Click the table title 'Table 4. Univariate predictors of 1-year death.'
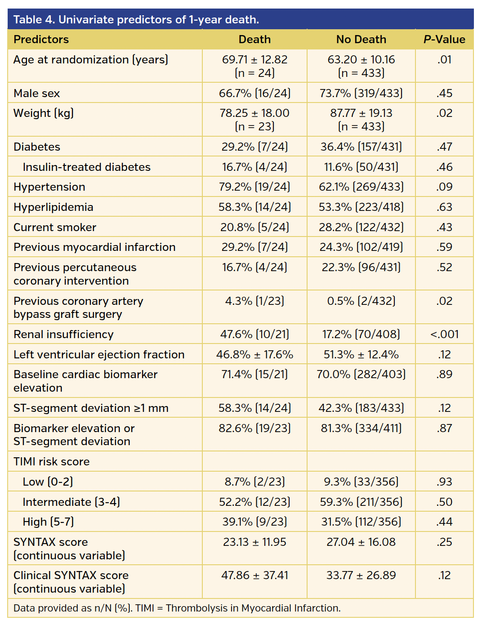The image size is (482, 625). pyautogui.click(x=136, y=20)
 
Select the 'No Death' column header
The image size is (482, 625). pyautogui.click(x=361, y=40)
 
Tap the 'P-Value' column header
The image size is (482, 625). pyautogui.click(x=444, y=40)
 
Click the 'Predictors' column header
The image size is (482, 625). pyautogui.click(x=41, y=40)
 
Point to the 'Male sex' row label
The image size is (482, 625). pyautogui.click(x=37, y=93)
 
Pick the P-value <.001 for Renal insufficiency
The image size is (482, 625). pyautogui.click(x=444, y=334)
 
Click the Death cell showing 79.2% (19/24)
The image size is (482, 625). pyautogui.click(x=254, y=187)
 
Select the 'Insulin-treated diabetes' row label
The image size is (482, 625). pyautogui.click(x=86, y=167)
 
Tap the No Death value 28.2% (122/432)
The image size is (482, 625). pyautogui.click(x=361, y=227)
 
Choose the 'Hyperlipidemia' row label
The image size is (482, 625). pyautogui.click(x=54, y=207)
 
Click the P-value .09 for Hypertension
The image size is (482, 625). pyautogui.click(x=444, y=187)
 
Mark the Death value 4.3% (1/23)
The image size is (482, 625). pyautogui.click(x=254, y=301)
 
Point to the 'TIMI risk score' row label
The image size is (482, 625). pyautogui.click(x=52, y=461)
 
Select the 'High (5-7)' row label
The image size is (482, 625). pyautogui.click(x=48, y=522)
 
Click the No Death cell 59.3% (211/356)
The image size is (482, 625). pyautogui.click(x=361, y=502)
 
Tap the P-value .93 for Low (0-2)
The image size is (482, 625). pyautogui.click(x=444, y=482)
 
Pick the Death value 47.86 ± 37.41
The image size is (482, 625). pyautogui.click(x=254, y=575)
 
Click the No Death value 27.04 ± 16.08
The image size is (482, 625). pyautogui.click(x=361, y=542)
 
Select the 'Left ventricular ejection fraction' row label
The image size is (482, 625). pyautogui.click(x=99, y=354)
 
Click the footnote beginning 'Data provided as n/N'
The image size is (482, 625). pyautogui.click(x=177, y=608)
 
